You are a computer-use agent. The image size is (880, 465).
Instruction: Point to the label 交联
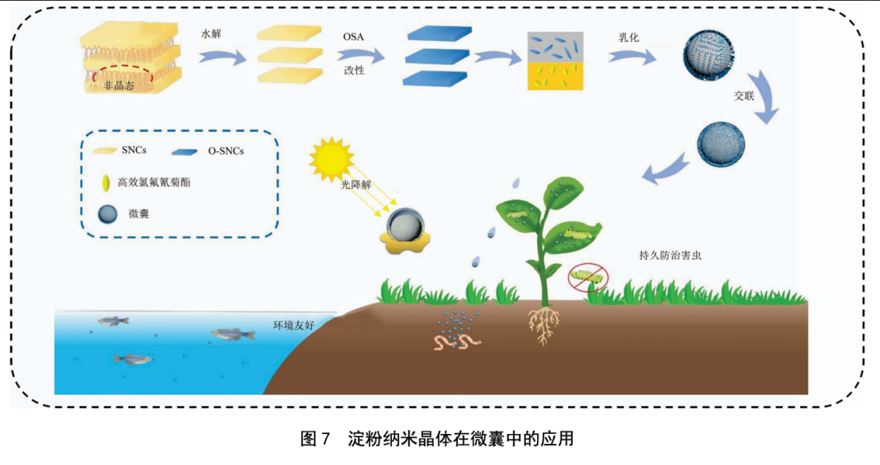click(745, 95)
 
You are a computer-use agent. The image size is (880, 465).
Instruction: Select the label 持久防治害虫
click(671, 255)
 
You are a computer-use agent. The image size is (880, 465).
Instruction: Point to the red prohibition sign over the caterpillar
click(587, 277)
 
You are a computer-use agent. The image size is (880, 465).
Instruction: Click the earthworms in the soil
click(456, 341)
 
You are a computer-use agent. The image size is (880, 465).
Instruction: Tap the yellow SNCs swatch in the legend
click(106, 151)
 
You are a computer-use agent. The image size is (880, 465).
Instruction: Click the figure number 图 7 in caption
click(314, 439)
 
